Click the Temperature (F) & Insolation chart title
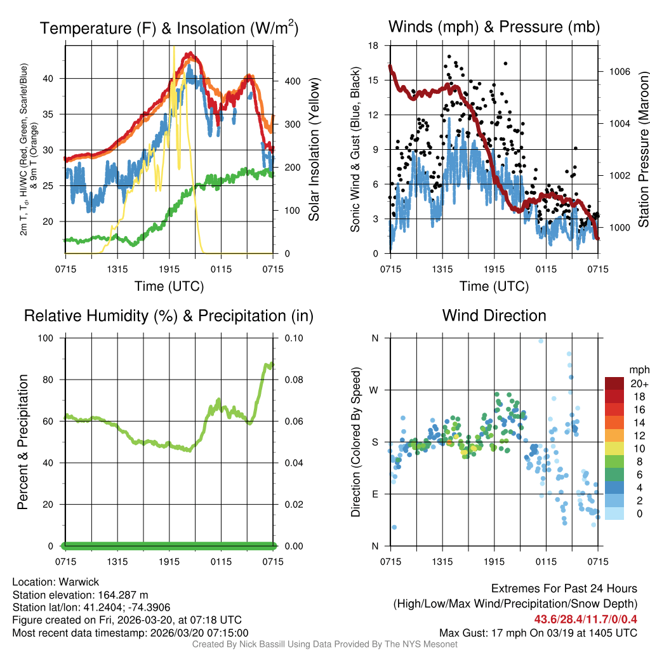[x=169, y=29]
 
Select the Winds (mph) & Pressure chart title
[x=494, y=27]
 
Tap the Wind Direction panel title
[x=494, y=315]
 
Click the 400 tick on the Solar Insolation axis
[x=283, y=81]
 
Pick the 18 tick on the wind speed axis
[x=374, y=46]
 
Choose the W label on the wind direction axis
[x=375, y=390]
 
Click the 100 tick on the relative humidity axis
[x=52, y=338]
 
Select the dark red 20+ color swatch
[x=616, y=383]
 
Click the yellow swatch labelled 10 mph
[x=616, y=448]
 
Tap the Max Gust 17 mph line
[x=538, y=632]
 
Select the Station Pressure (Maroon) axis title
[x=643, y=150]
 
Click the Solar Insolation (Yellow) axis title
[x=314, y=150]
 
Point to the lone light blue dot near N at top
[x=541, y=341]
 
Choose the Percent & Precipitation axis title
[x=22, y=442]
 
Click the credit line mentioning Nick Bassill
[x=325, y=644]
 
